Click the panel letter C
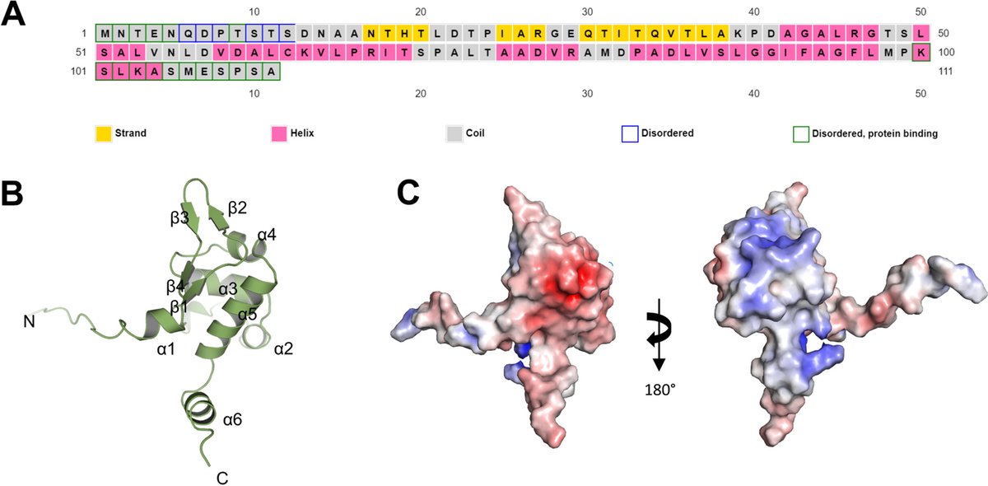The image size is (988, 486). click(410, 193)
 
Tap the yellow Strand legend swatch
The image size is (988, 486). click(104, 132)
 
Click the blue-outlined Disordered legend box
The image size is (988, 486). click(629, 132)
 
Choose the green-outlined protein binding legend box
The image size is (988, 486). click(799, 132)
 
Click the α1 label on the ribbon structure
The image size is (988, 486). click(166, 349)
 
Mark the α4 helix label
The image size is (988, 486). click(267, 236)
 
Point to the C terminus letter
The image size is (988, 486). click(221, 477)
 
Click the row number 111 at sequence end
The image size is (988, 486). click(948, 72)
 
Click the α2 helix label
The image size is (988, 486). click(284, 349)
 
